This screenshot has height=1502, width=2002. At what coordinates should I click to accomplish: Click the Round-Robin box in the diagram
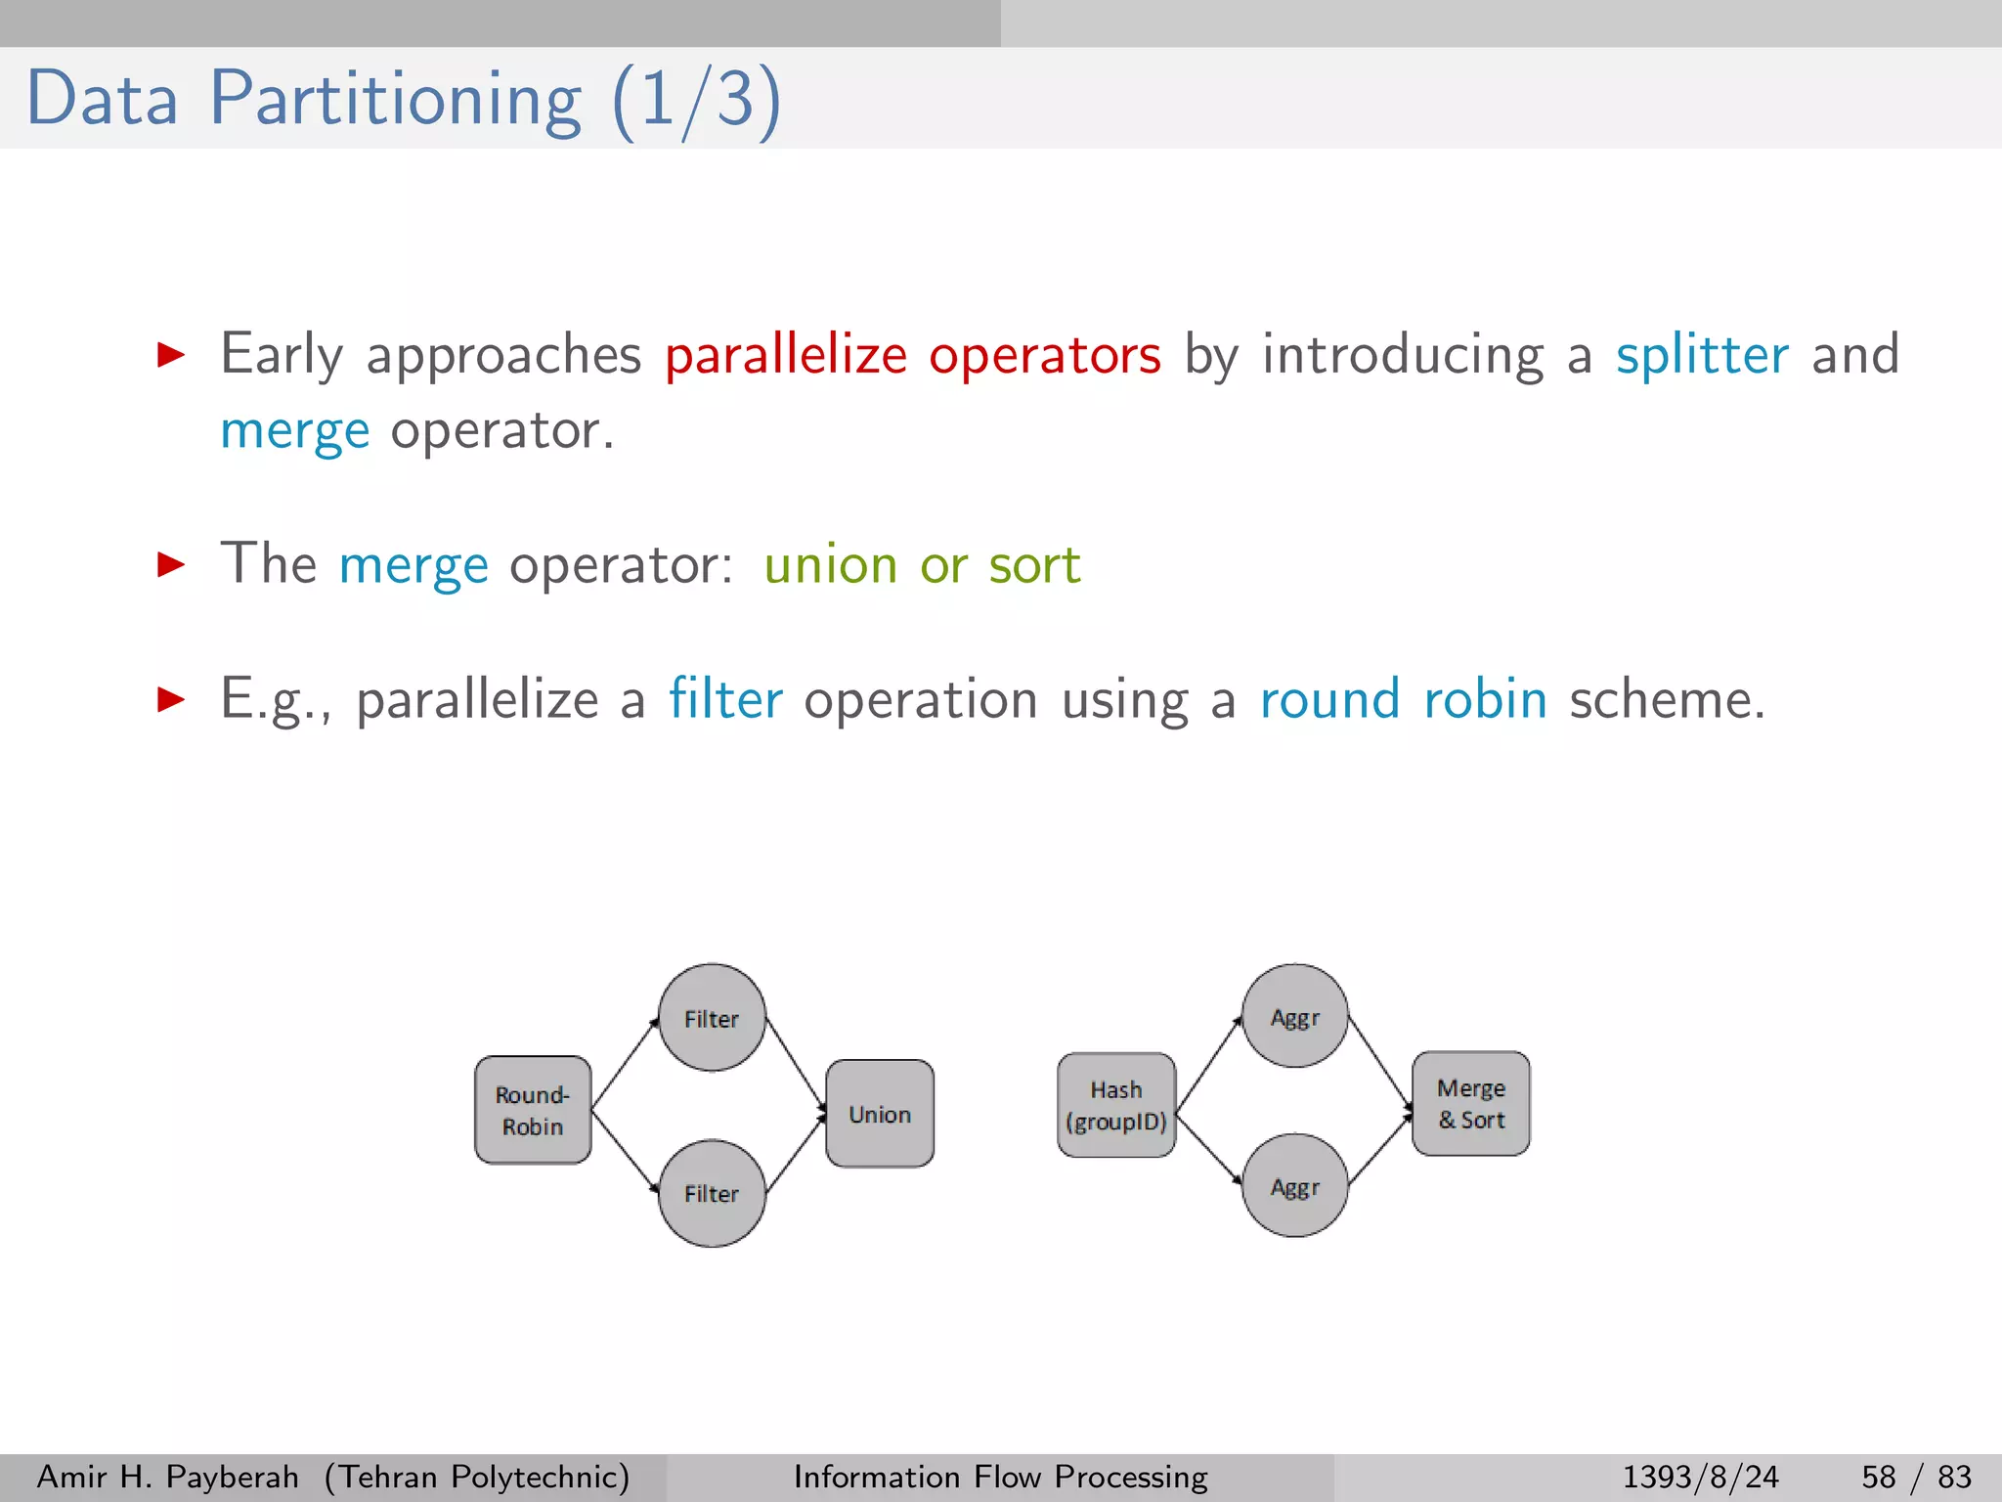pyautogui.click(x=533, y=1110)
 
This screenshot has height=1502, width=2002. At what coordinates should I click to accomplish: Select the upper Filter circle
pyautogui.click(x=712, y=1018)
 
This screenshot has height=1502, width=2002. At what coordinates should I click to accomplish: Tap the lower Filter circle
pyautogui.click(x=712, y=1193)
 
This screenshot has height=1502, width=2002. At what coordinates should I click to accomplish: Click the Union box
pyautogui.click(x=880, y=1114)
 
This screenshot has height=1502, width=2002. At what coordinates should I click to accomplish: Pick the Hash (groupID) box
pyautogui.click(x=1116, y=1105)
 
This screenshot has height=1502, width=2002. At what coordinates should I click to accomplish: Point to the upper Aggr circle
pyautogui.click(x=1295, y=1017)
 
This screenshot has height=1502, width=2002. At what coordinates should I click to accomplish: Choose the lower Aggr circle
pyautogui.click(x=1295, y=1186)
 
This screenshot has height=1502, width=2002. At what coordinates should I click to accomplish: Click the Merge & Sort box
pyautogui.click(x=1471, y=1104)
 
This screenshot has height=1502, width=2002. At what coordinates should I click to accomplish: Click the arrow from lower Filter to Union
pyautogui.click(x=796, y=1154)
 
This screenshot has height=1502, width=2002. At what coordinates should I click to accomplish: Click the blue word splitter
pyautogui.click(x=1702, y=354)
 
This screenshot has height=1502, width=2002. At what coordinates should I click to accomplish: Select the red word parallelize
pyautogui.click(x=786, y=354)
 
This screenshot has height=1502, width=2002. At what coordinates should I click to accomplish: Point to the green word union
pyautogui.click(x=830, y=565)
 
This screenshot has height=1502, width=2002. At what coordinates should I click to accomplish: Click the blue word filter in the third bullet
pyautogui.click(x=725, y=699)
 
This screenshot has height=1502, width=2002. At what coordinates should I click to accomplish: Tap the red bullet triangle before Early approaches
pyautogui.click(x=171, y=354)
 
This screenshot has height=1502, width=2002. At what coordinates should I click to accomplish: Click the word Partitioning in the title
pyautogui.click(x=396, y=99)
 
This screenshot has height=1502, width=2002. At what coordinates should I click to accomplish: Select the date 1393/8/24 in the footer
pyautogui.click(x=1700, y=1477)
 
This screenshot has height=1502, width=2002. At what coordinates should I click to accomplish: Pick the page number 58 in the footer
pyautogui.click(x=1878, y=1477)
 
